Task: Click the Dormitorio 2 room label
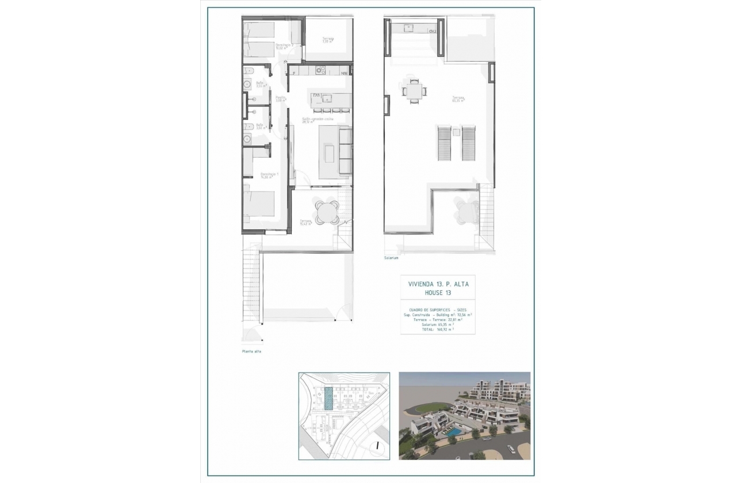(x=284, y=46)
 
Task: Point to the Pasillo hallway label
(x=281, y=99)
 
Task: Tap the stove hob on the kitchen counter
(x=321, y=71)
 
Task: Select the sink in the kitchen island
(x=326, y=98)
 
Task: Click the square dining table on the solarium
(x=414, y=90)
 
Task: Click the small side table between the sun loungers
(x=457, y=132)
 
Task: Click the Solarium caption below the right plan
(x=392, y=258)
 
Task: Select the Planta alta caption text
(x=251, y=351)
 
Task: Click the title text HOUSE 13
(x=438, y=293)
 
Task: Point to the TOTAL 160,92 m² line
(x=438, y=329)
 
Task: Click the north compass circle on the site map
(x=376, y=444)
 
